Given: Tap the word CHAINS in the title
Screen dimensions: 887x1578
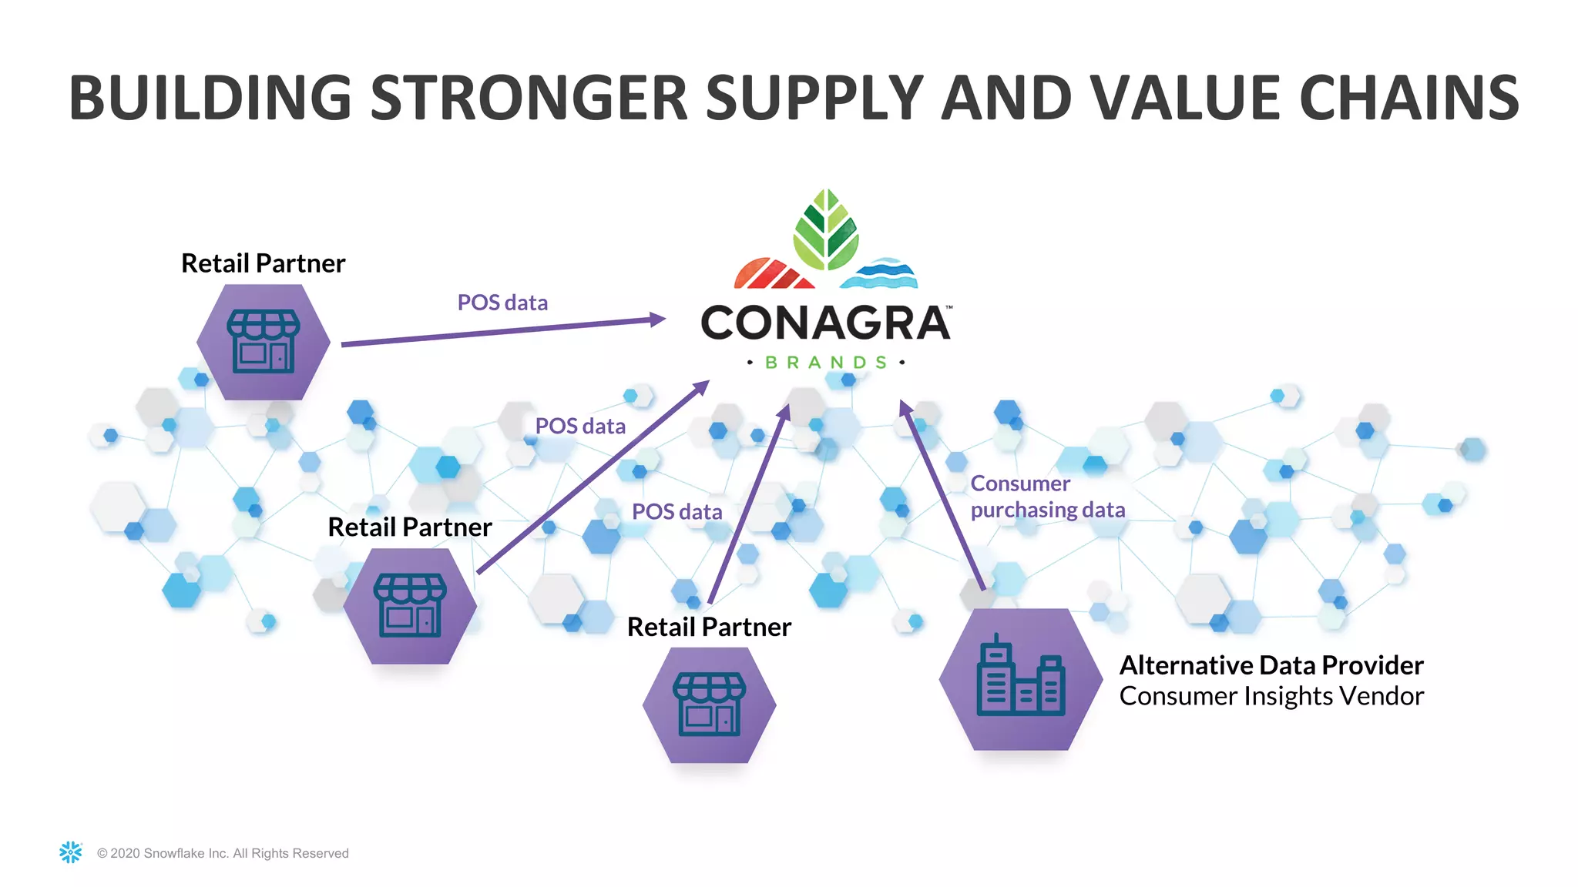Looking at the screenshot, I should pos(1409,98).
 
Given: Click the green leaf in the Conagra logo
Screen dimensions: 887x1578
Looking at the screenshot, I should pos(826,229).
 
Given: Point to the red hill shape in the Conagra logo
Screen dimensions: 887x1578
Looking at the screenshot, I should pos(772,274).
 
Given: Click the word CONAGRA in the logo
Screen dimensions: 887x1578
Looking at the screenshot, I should pos(824,323).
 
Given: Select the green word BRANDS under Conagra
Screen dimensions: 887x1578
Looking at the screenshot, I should pos(825,363).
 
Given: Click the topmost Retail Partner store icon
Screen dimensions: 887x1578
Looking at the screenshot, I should pos(264,342).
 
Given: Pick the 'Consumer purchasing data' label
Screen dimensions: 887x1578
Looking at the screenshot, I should pos(1046,497).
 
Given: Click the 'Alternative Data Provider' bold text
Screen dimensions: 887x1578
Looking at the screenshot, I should pos(1271,665).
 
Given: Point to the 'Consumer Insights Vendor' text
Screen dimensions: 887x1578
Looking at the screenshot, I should pos(1271,696).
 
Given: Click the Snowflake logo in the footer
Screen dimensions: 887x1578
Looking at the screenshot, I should pos(71,852).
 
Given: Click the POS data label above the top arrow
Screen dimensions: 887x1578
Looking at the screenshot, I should pos(502,303).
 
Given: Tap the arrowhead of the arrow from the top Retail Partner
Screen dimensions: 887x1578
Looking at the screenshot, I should pos(658,319).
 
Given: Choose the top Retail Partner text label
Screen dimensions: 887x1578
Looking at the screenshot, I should pos(263,263).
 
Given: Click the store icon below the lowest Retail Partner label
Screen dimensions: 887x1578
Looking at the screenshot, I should pos(710,705).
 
